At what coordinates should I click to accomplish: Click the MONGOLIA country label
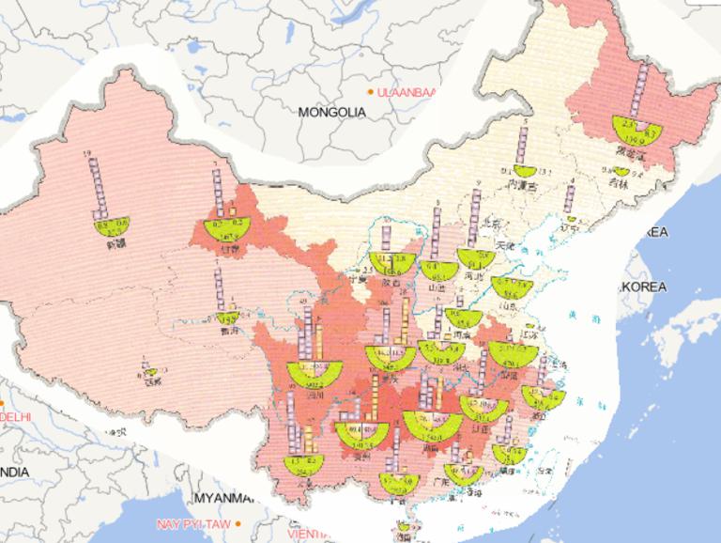click(331, 112)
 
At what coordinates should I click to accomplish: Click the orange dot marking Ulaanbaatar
click(370, 91)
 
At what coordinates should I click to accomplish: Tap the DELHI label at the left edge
click(15, 415)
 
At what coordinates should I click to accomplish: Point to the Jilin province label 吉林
click(619, 184)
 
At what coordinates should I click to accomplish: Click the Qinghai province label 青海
click(224, 331)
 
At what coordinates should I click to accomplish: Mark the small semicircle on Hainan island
click(405, 527)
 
